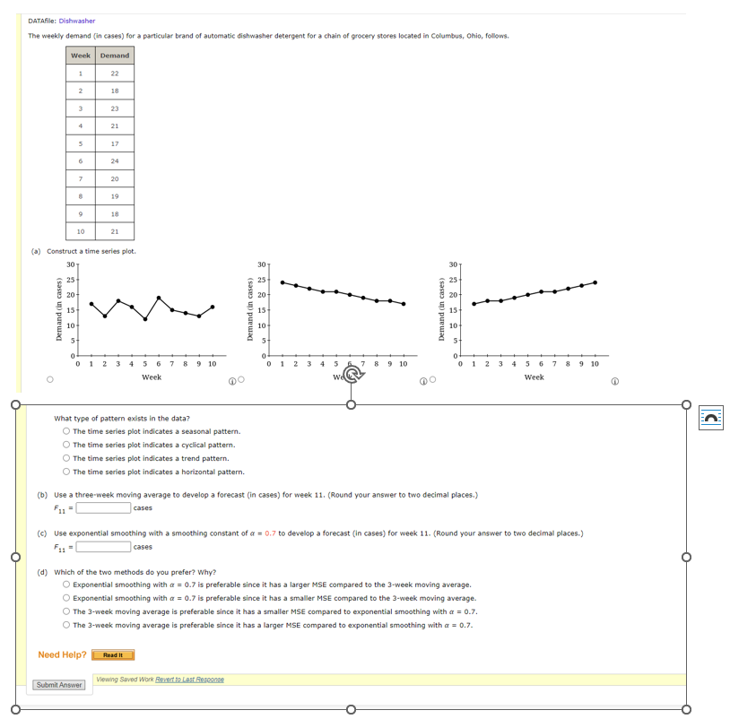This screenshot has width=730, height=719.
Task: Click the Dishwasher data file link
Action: tap(77, 21)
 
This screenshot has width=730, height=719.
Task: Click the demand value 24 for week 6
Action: tap(115, 160)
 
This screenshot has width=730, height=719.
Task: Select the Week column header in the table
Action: tap(81, 56)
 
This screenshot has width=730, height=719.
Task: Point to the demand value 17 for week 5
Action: tap(115, 143)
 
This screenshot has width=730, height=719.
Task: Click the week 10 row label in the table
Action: tap(81, 231)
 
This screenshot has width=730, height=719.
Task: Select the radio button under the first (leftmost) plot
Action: tap(50, 380)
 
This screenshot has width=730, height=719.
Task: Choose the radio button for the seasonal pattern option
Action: tap(67, 431)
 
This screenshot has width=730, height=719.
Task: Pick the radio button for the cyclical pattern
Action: tap(67, 445)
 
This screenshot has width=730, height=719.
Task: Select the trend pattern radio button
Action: tap(67, 458)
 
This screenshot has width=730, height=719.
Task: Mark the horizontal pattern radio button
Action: tap(67, 472)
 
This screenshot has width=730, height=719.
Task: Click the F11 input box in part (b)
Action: tap(103, 508)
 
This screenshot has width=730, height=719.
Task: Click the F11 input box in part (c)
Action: tap(103, 547)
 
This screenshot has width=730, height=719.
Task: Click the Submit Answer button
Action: tap(59, 685)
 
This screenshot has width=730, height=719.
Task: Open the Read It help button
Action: tap(113, 655)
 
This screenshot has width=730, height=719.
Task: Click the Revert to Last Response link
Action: tap(191, 680)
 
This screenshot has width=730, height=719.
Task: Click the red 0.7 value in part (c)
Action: tap(270, 533)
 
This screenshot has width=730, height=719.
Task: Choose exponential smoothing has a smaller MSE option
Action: tap(67, 598)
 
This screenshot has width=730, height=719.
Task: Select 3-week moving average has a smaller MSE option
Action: tap(67, 611)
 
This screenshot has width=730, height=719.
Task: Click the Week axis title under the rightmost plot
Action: tap(534, 377)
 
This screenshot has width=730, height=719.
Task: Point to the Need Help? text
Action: tap(62, 654)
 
